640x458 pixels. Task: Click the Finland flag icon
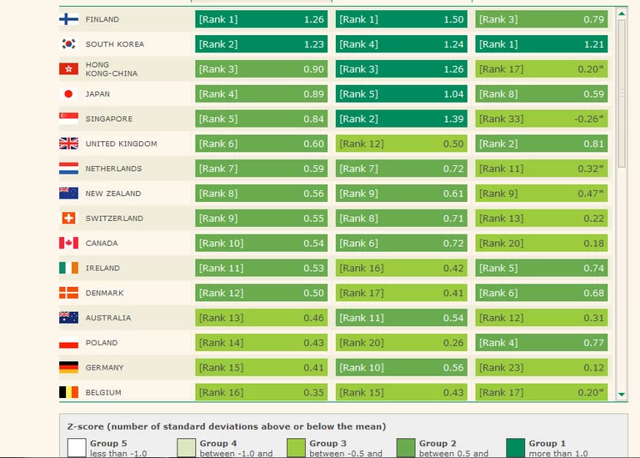[x=68, y=19]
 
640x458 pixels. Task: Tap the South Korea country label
[x=114, y=44]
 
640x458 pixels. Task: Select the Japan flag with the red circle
[x=68, y=94]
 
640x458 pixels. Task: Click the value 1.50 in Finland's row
[x=453, y=19]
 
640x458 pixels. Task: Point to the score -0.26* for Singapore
[x=589, y=119]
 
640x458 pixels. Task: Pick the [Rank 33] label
[x=502, y=119]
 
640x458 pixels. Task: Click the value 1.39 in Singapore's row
[x=453, y=119]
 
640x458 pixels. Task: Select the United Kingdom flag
[x=68, y=143]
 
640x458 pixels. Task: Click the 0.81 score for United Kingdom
[x=594, y=143]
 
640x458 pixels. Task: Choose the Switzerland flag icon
[x=68, y=219]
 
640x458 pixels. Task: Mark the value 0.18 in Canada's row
[x=594, y=244]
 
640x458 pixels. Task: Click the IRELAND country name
[x=102, y=269]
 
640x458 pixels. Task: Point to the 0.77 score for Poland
[x=594, y=343]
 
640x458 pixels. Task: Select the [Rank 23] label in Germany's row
[x=502, y=368]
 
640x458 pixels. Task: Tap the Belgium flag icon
[x=68, y=392]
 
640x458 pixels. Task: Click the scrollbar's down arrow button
[x=622, y=394]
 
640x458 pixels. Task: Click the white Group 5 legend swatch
[x=77, y=448]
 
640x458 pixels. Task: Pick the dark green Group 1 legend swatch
[x=516, y=448]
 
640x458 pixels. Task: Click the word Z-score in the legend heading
[x=87, y=426]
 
